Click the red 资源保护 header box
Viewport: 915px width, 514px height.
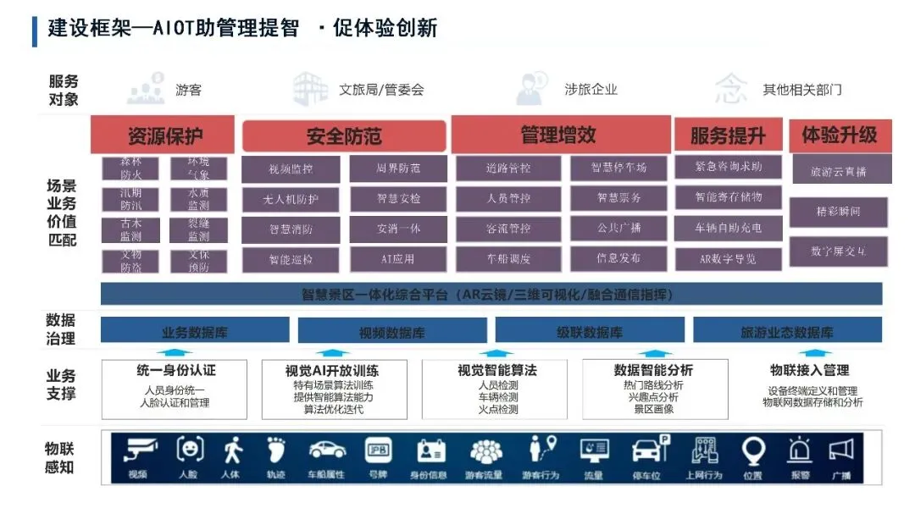(x=164, y=136)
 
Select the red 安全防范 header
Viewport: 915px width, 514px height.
(x=344, y=136)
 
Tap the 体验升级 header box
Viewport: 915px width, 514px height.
(x=839, y=135)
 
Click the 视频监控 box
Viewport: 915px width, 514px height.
(x=291, y=169)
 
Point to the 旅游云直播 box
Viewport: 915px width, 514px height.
(x=838, y=172)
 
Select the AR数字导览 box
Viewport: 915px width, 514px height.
(x=728, y=258)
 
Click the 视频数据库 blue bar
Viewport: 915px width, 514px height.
(x=391, y=332)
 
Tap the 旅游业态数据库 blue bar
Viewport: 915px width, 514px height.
(x=786, y=332)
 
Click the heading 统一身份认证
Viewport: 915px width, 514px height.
(x=175, y=370)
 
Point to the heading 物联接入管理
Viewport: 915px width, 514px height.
(x=809, y=370)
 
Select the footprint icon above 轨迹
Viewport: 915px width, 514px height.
(x=276, y=450)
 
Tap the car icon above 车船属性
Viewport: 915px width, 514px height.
(x=326, y=450)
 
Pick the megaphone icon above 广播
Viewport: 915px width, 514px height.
(x=840, y=450)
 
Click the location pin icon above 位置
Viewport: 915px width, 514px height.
(x=752, y=450)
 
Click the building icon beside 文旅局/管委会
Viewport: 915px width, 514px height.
(x=310, y=88)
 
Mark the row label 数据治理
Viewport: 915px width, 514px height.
(x=61, y=329)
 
